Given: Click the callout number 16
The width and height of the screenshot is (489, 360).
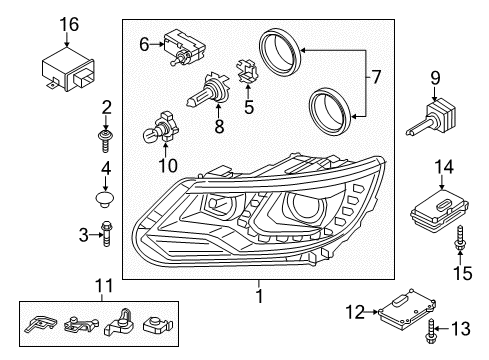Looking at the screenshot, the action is click(x=69, y=25).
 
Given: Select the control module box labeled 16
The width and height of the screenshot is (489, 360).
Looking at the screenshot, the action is click(x=68, y=69).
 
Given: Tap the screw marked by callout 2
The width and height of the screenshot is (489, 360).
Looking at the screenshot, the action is click(x=105, y=141).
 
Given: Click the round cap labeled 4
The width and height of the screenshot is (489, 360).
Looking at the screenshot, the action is click(x=105, y=198).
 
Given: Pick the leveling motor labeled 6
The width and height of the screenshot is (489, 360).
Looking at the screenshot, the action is click(x=183, y=47).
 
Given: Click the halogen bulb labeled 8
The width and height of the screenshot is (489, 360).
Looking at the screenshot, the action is click(x=206, y=89).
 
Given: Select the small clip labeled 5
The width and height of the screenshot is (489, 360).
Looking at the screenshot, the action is click(x=247, y=71).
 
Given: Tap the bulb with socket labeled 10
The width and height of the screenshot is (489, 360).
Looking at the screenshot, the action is click(x=158, y=128).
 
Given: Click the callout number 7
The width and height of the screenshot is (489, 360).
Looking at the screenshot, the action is click(x=376, y=77).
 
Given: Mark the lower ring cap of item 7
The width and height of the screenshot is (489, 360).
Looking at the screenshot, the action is click(x=329, y=111).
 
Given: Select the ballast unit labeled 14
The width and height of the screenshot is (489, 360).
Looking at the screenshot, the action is click(x=439, y=211).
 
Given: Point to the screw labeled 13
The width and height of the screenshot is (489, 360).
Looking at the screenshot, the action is click(x=430, y=331).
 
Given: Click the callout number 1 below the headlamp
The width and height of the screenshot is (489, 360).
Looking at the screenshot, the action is click(x=260, y=296).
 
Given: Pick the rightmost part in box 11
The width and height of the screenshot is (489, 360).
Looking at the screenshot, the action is click(x=158, y=325).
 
